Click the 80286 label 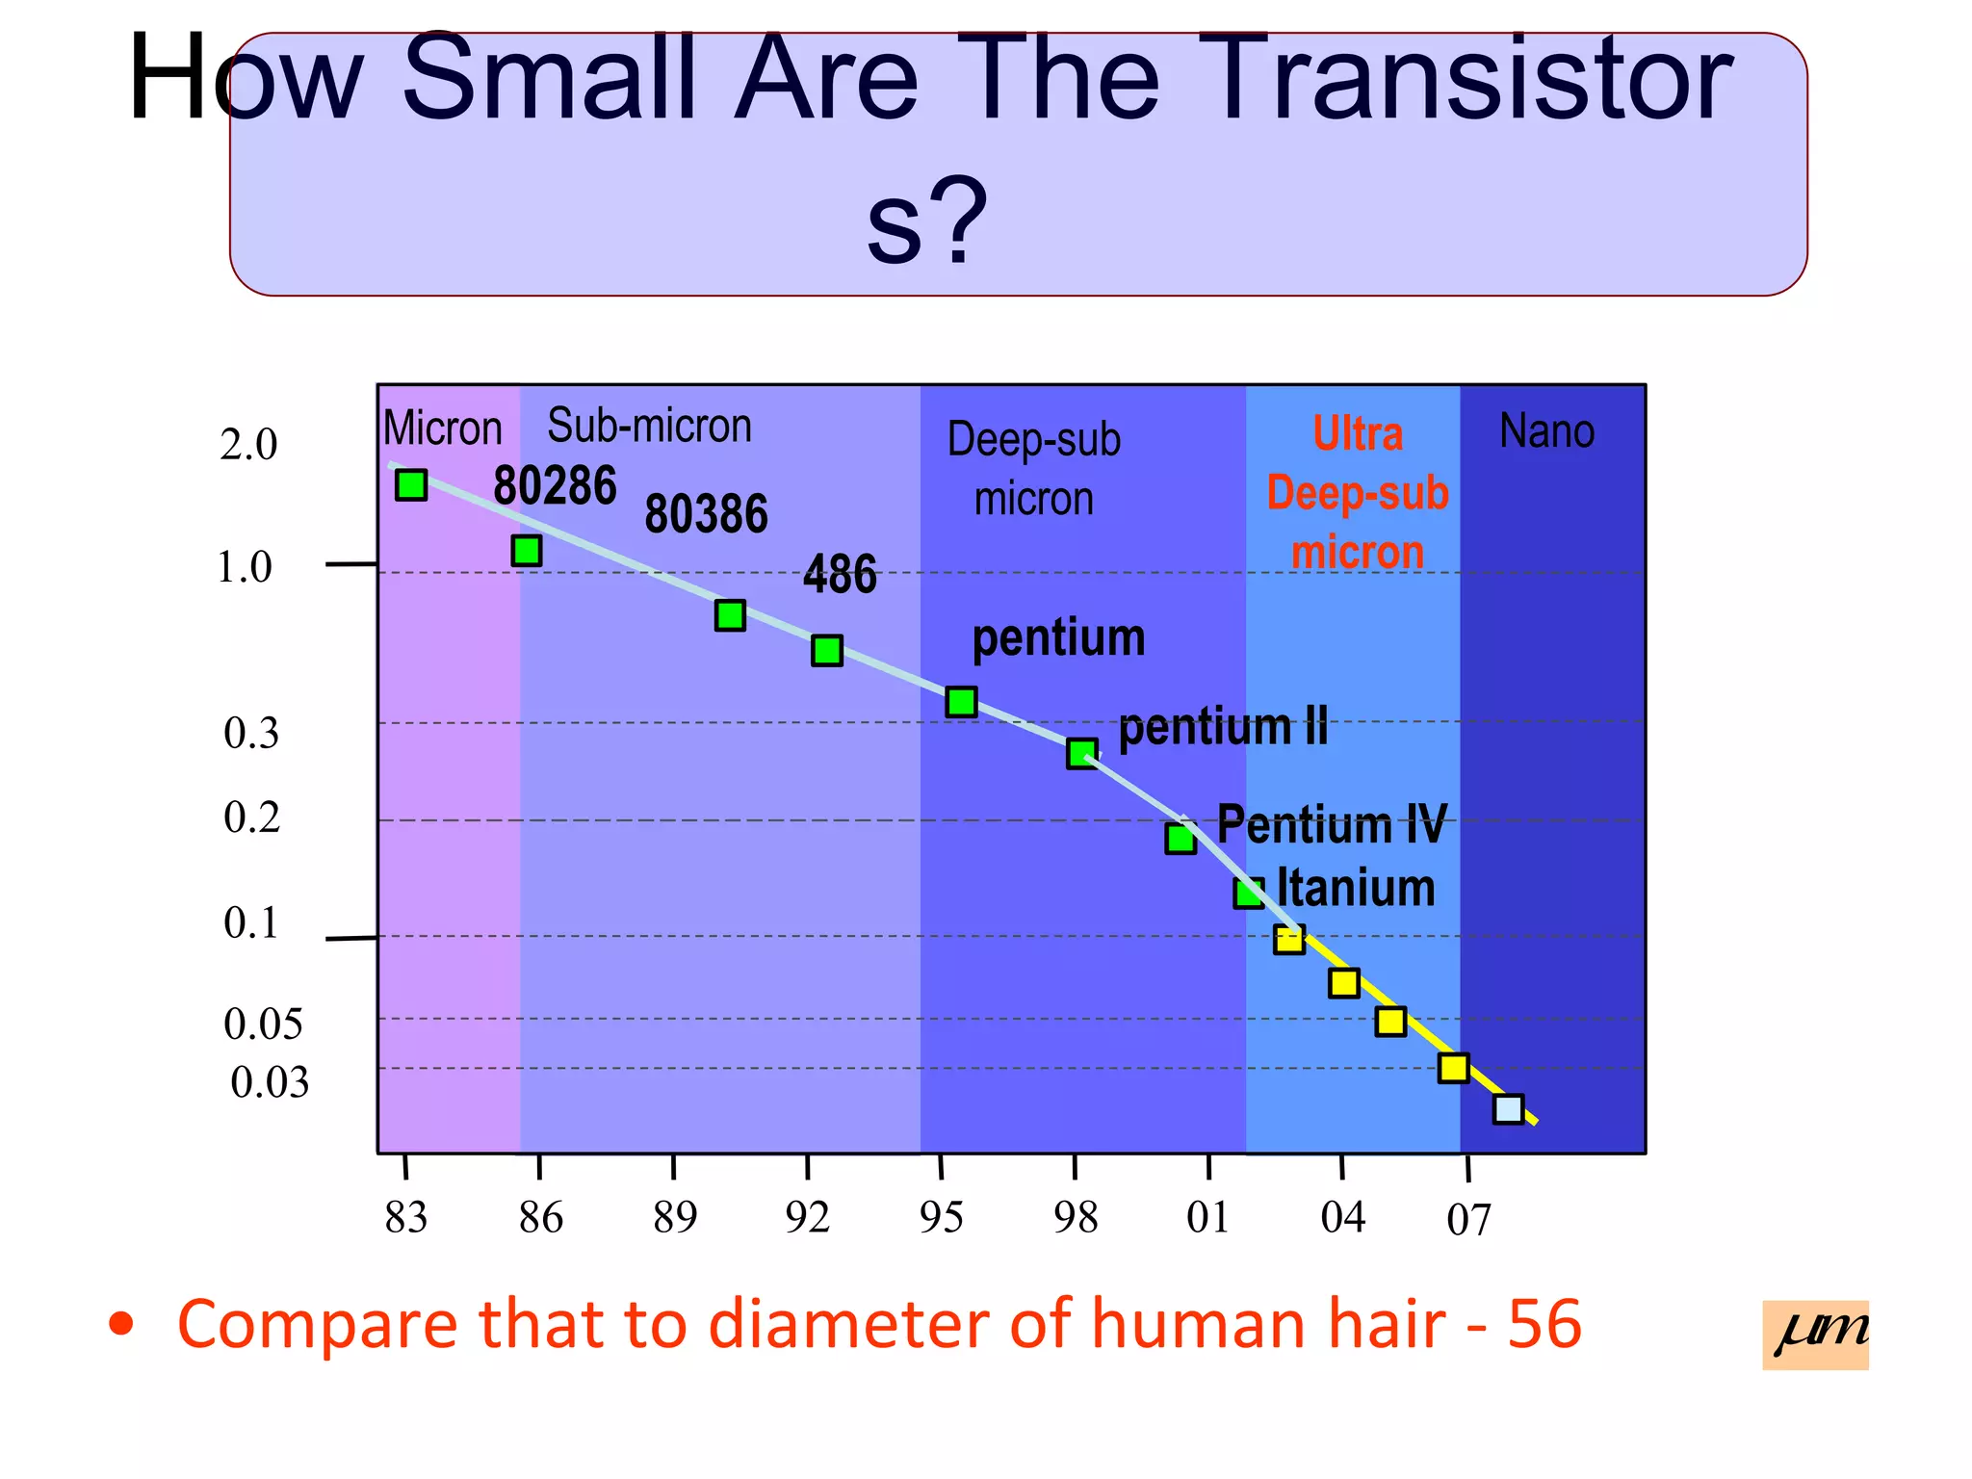555,485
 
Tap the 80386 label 706,514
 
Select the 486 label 840,575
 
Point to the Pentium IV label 1331,825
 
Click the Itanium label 1355,888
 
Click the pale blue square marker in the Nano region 1508,1109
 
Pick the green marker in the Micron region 411,485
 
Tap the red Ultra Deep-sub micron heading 1357,493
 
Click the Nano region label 1546,431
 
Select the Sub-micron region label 649,426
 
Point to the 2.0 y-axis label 248,445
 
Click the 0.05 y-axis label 263,1025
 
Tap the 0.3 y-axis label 251,734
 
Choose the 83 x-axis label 405,1218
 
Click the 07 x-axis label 1468,1221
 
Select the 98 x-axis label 1076,1218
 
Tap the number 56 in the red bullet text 1544,1325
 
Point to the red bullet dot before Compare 121,1325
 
